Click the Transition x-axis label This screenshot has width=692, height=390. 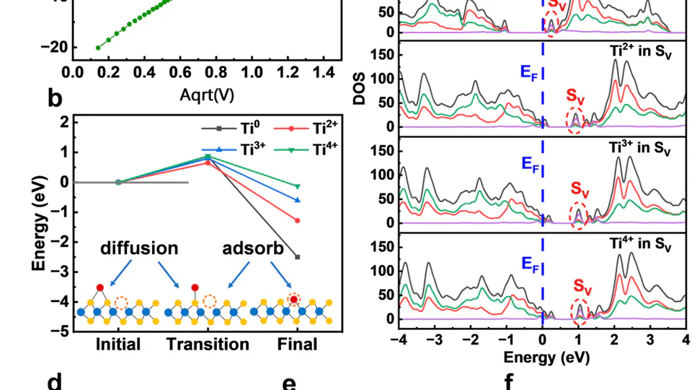coord(208,344)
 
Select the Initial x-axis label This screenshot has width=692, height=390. coord(118,344)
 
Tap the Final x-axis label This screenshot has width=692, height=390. coord(297,344)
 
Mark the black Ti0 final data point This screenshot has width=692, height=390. coord(297,257)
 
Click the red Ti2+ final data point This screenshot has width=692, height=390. coord(297,220)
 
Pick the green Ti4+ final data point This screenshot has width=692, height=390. coord(297,186)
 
